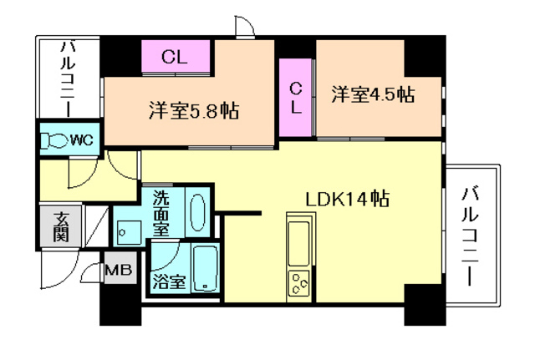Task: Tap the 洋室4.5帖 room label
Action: [x=371, y=93]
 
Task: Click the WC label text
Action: [x=81, y=139]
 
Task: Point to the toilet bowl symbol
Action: [x=57, y=139]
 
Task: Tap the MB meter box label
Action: [x=117, y=271]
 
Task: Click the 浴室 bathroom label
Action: [x=169, y=281]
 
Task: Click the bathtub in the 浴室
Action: [x=205, y=268]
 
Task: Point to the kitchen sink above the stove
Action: [x=299, y=238]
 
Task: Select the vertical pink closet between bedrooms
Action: [x=296, y=98]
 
